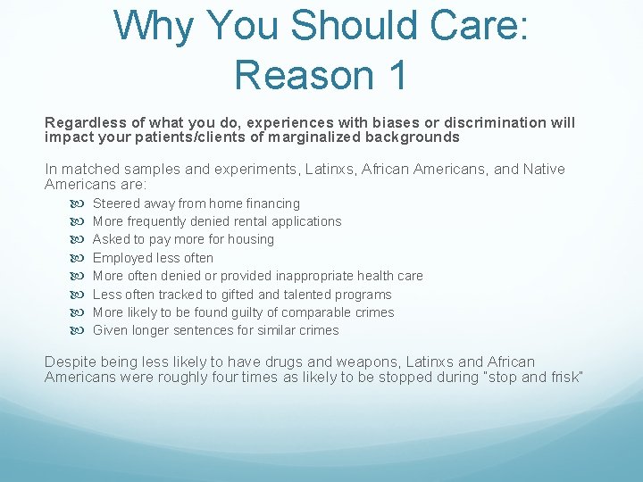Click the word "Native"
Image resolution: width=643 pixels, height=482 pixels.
click(544, 169)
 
